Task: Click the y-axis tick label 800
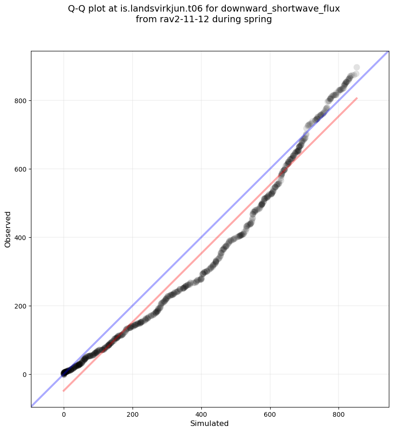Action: [x=20, y=100]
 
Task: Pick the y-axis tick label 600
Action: [x=20, y=169]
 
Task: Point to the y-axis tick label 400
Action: [x=20, y=237]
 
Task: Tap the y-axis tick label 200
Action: [x=20, y=306]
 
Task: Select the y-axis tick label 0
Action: [x=24, y=374]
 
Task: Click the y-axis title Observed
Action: [x=8, y=229]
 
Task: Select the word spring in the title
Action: [x=260, y=19]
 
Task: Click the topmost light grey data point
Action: [x=357, y=68]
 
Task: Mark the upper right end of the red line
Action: [x=357, y=98]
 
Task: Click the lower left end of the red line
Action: [x=64, y=391]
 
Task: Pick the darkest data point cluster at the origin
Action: [x=65, y=373]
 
